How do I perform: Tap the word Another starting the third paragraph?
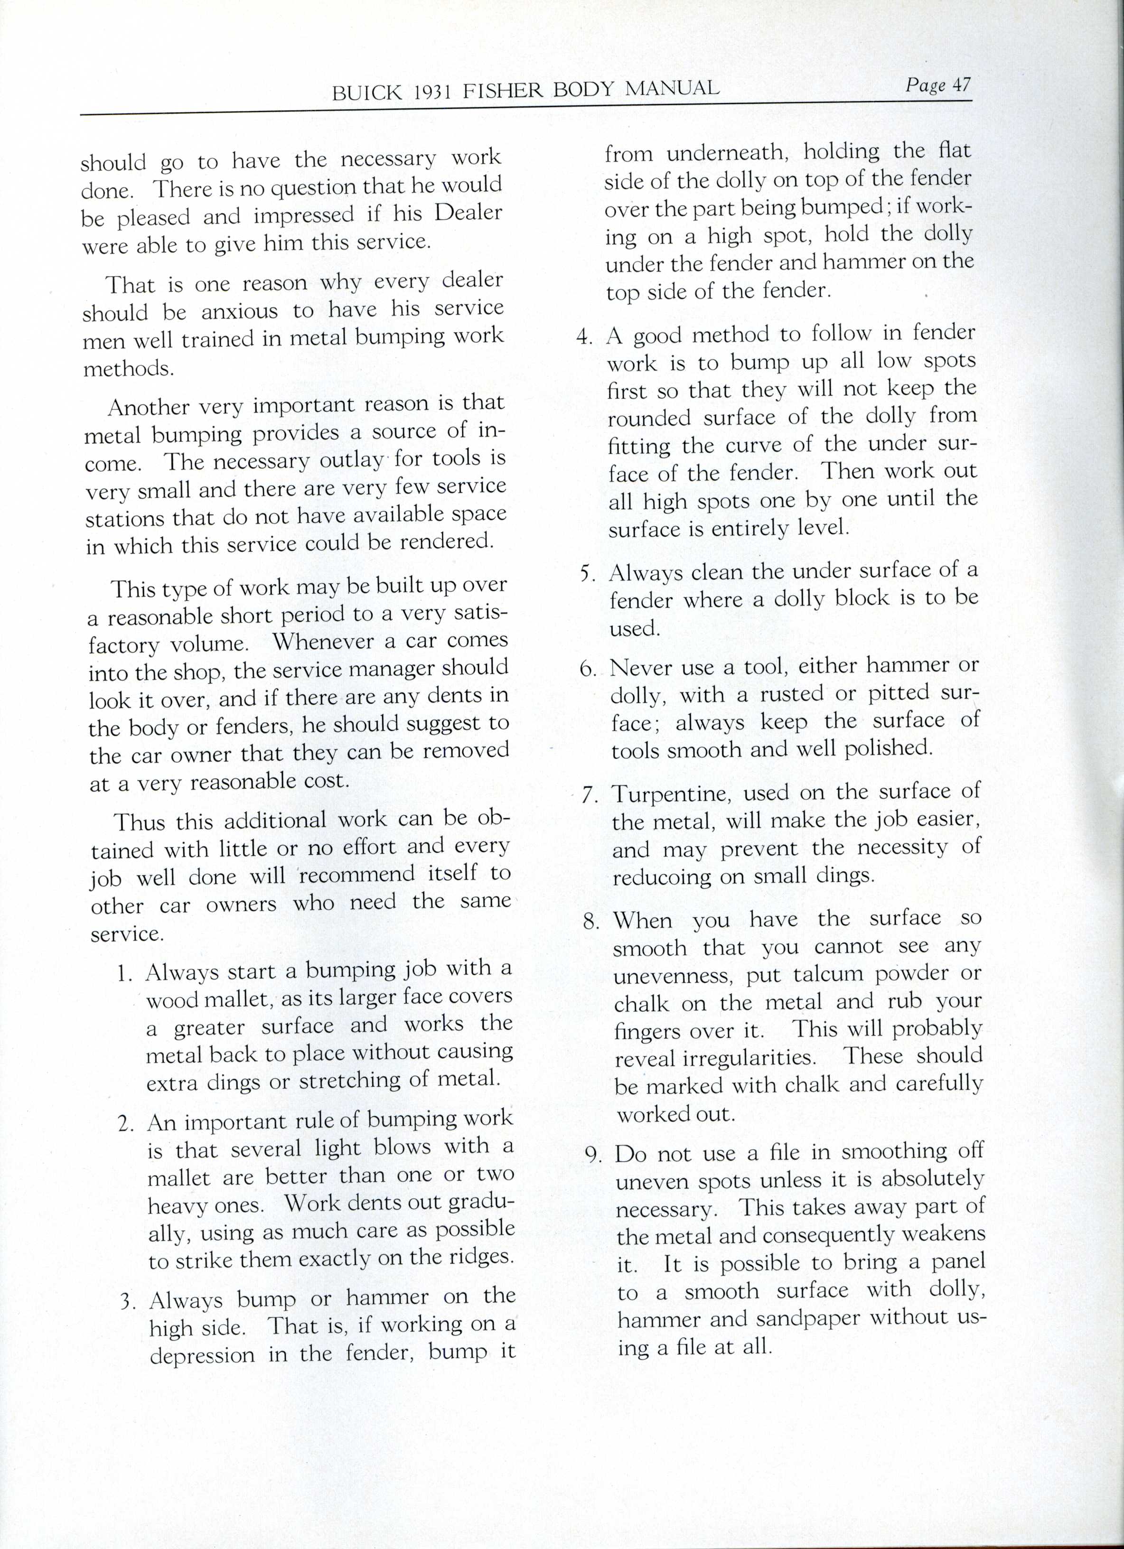click(148, 407)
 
